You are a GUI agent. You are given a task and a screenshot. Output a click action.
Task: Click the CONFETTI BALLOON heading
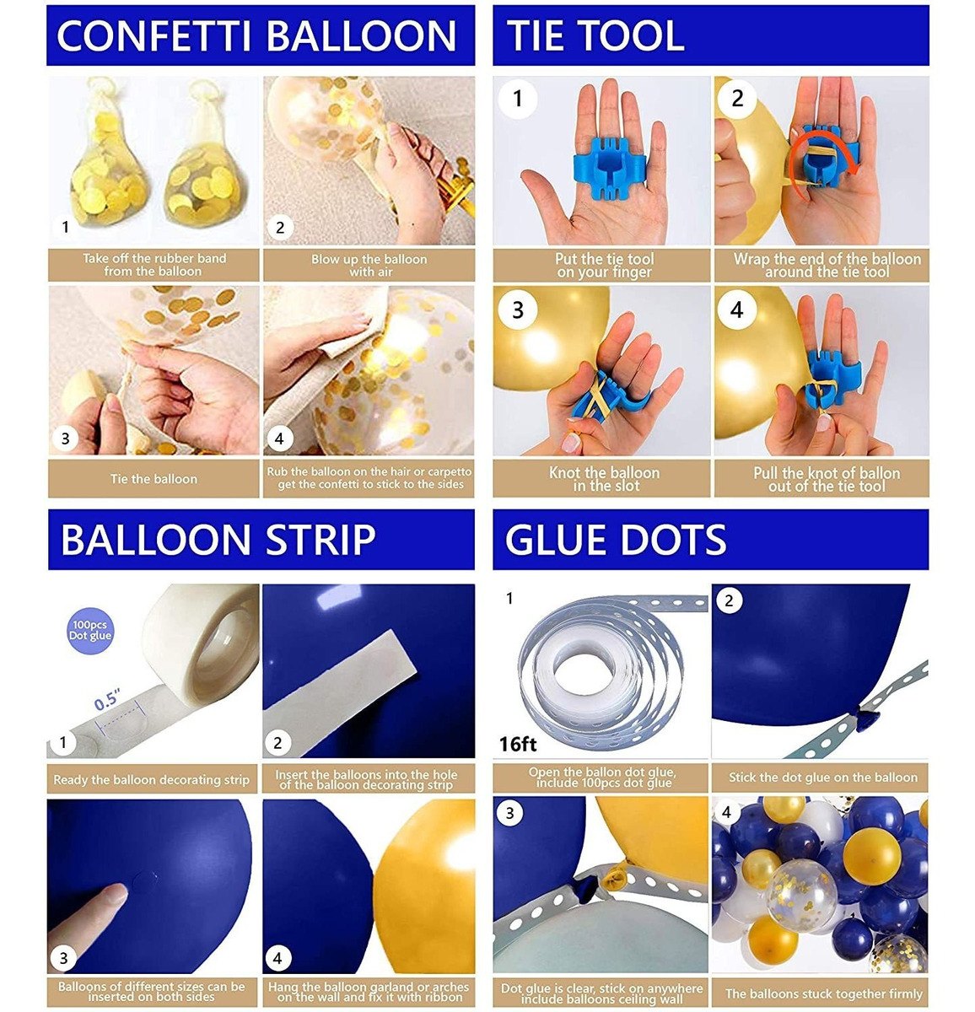click(x=256, y=36)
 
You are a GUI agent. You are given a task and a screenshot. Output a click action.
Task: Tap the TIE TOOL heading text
click(x=595, y=36)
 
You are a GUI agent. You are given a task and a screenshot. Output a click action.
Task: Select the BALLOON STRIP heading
click(x=218, y=539)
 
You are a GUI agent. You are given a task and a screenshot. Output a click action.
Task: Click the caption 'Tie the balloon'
click(x=154, y=478)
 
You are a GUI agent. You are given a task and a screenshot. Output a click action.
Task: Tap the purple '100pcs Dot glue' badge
click(x=90, y=631)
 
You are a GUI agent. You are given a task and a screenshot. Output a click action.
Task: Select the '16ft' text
click(x=517, y=744)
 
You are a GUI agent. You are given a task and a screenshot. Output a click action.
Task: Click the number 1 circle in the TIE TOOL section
click(x=517, y=99)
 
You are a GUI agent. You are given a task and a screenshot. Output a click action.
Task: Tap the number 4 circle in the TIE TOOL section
click(x=736, y=310)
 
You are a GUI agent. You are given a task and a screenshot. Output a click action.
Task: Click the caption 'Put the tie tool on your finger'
click(x=604, y=265)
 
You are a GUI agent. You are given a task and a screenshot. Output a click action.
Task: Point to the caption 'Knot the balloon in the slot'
click(x=604, y=479)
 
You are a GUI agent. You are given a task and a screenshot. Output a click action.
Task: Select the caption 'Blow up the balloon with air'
click(x=369, y=265)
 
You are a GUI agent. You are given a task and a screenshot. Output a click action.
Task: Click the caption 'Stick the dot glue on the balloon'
click(x=823, y=777)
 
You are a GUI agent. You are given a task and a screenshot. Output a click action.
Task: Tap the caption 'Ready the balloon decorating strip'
click(x=151, y=779)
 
